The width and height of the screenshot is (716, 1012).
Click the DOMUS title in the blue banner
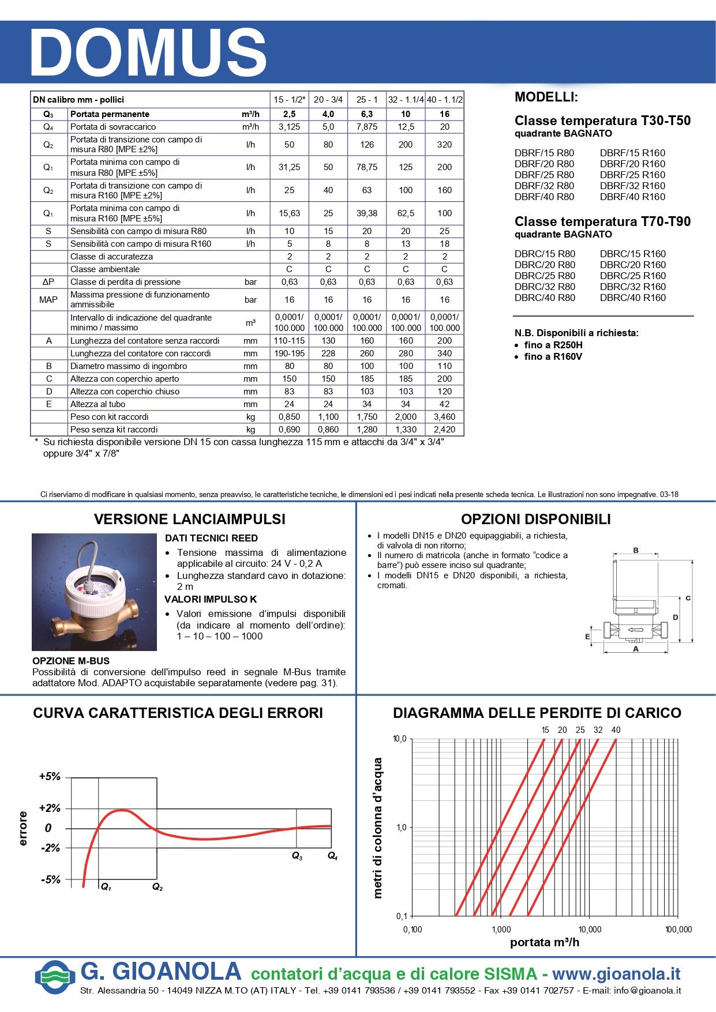(148, 52)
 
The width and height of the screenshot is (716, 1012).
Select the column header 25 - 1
(367, 100)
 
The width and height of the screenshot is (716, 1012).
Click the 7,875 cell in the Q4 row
(367, 127)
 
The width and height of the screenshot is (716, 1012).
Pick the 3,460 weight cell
(444, 417)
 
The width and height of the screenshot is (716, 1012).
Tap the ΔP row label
(48, 282)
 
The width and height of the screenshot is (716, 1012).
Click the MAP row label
(48, 300)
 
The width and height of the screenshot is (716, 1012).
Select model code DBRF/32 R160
(632, 186)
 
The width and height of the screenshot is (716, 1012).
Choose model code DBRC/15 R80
(544, 254)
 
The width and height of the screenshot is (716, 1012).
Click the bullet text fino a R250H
(553, 345)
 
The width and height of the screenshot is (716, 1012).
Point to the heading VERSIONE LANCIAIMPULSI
(190, 519)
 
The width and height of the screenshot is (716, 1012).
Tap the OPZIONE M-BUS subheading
(71, 661)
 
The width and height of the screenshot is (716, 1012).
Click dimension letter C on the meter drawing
(688, 599)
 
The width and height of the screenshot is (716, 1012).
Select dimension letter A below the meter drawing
(636, 649)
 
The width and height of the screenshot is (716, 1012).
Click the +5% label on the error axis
(50, 777)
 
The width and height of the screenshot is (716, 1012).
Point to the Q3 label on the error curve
(297, 856)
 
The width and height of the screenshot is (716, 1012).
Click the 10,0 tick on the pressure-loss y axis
(400, 739)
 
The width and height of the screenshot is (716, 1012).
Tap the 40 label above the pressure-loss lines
(616, 730)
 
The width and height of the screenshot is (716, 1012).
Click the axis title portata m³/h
(545, 942)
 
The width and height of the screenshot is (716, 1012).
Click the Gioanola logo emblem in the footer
(55, 977)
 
